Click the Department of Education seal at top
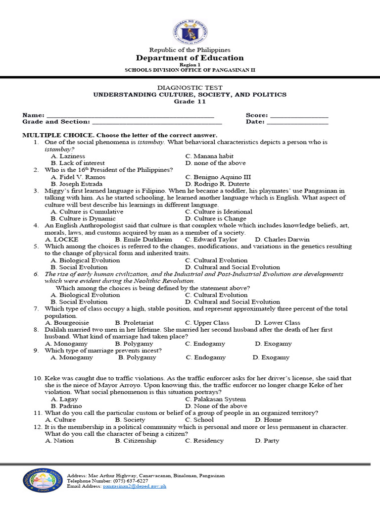[x=190, y=32]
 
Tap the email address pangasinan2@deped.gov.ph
[x=135, y=486]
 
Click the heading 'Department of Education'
[x=190, y=58]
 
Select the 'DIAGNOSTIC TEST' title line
[x=190, y=88]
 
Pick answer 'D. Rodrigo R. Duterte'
[x=217, y=184]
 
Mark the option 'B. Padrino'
[x=66, y=406]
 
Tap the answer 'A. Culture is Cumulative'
[x=87, y=211]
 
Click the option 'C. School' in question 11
[x=200, y=420]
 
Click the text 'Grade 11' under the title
[x=190, y=101]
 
